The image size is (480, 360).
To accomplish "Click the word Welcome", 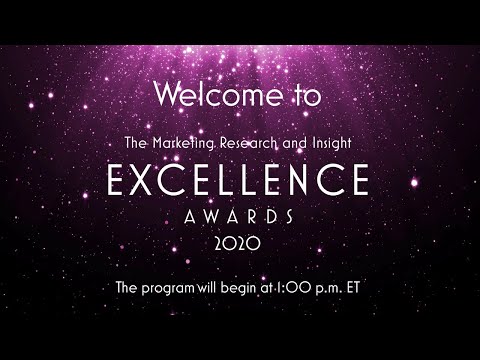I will tap(208, 96).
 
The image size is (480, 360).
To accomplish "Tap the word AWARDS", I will tap(240, 216).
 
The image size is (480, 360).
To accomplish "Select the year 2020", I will tap(240, 244).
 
